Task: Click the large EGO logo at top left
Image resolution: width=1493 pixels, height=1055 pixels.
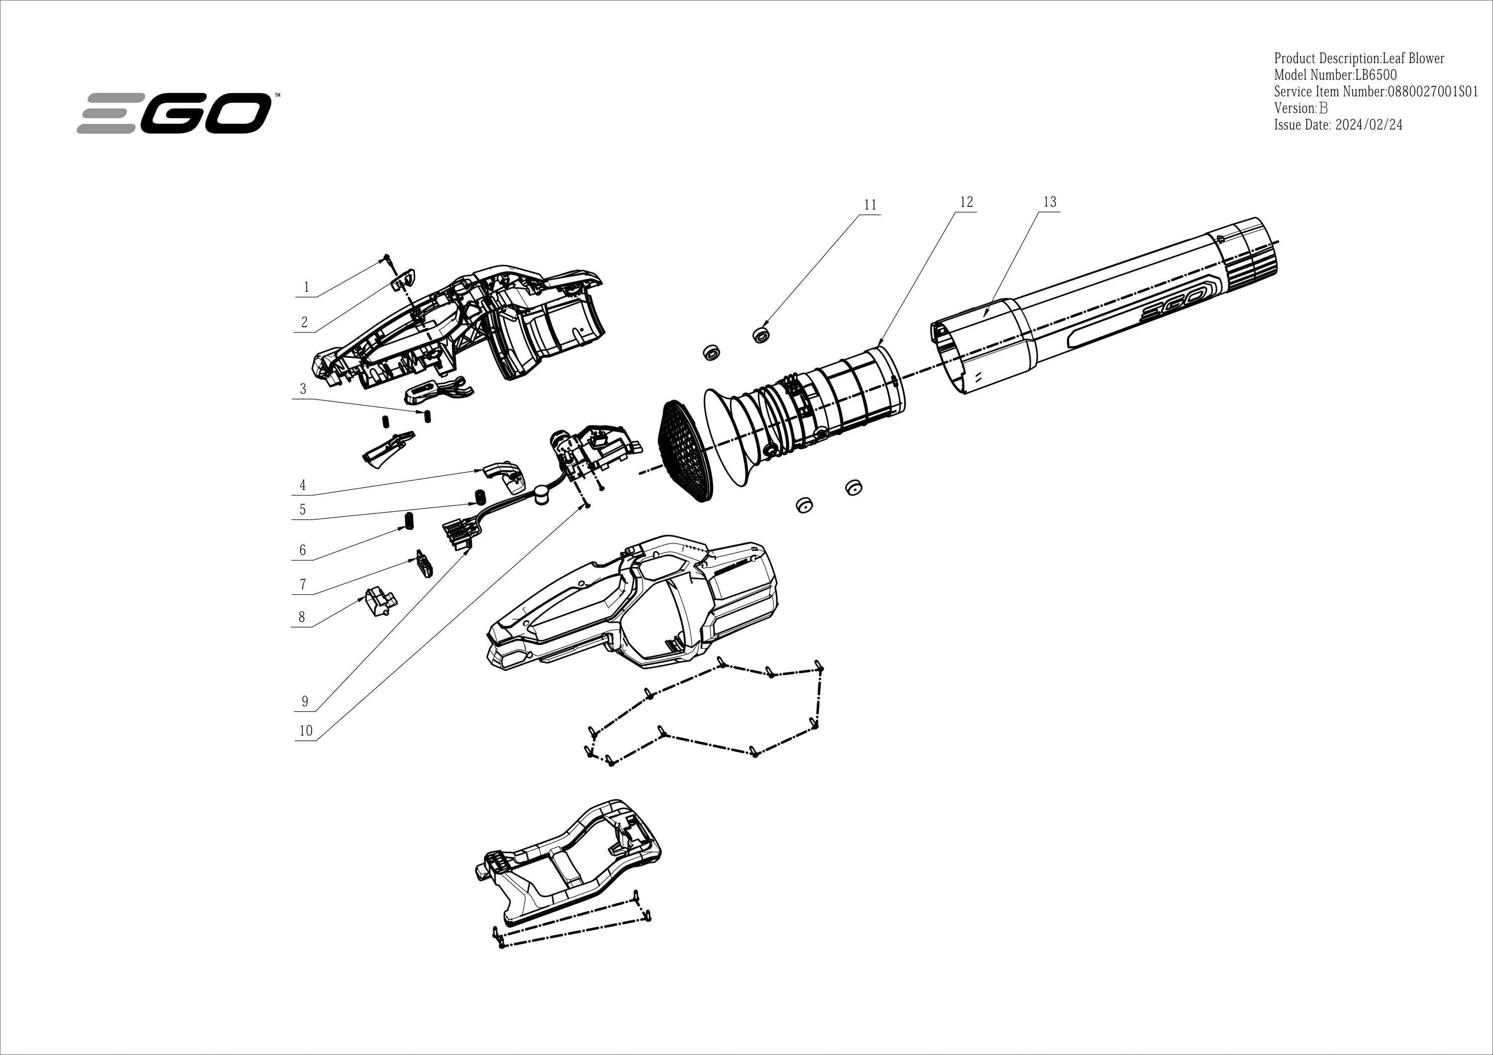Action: click(174, 113)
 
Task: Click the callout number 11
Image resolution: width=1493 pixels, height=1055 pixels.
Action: click(870, 205)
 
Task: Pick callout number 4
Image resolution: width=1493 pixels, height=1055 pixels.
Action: click(303, 485)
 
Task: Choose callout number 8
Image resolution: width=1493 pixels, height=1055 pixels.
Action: click(302, 617)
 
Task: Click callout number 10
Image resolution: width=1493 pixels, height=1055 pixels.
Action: click(306, 731)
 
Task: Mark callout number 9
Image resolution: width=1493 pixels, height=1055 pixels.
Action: click(304, 702)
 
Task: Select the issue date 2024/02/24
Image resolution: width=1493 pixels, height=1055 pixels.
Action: click(1368, 125)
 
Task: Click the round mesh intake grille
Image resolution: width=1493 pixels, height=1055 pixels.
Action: click(684, 451)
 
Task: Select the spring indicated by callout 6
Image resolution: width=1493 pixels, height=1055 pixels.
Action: click(410, 521)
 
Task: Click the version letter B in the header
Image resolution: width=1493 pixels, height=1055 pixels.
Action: click(1323, 108)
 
